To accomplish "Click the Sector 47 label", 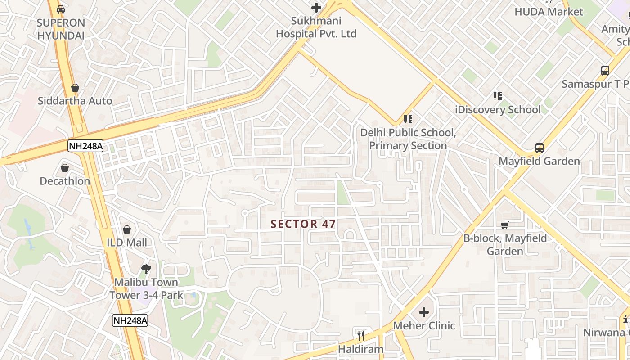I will click(303, 224).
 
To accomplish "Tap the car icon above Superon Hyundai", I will click(61, 9).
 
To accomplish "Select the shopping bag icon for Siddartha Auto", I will click(75, 88).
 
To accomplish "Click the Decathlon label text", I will click(65, 181).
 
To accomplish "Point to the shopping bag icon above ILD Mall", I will click(127, 229).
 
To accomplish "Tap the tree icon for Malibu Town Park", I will click(146, 269).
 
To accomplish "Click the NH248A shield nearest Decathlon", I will click(85, 146).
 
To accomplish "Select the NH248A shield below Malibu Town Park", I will click(130, 320).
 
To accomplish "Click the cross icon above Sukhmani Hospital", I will click(316, 8).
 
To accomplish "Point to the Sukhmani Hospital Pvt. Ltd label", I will click(316, 27).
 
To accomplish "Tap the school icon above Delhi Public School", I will click(408, 119).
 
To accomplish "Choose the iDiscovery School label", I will click(498, 110).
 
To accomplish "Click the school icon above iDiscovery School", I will click(497, 96).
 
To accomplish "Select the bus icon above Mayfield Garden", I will click(539, 148).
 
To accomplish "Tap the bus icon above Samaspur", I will click(605, 71).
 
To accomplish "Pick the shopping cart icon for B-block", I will click(505, 225).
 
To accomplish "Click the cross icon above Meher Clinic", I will click(424, 312).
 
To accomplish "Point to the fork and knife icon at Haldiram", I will click(360, 336).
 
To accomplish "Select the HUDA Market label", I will click(549, 12).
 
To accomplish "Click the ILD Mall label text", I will click(127, 243).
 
